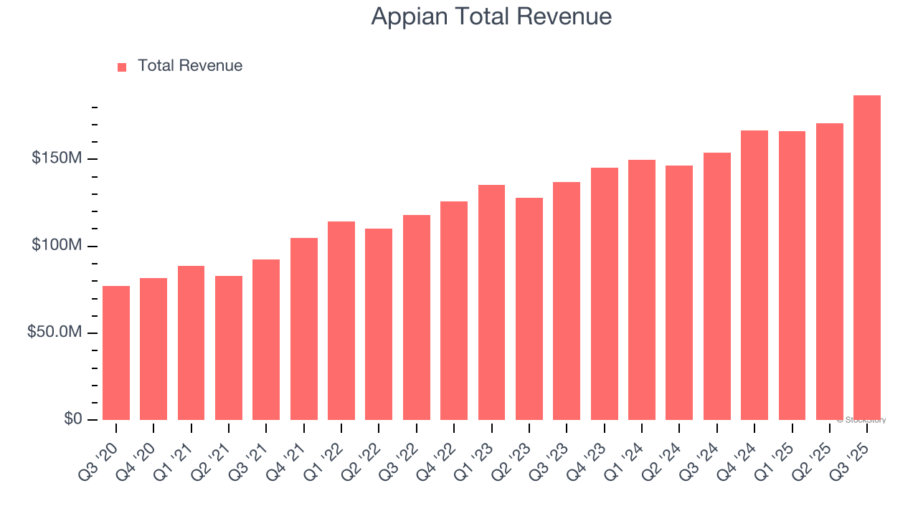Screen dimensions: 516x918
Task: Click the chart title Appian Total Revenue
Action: click(x=491, y=16)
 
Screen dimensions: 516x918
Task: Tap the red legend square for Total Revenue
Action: click(x=122, y=67)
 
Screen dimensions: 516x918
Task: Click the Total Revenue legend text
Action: click(x=190, y=66)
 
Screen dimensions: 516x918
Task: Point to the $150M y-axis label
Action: click(x=57, y=158)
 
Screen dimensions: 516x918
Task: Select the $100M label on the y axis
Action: click(x=57, y=246)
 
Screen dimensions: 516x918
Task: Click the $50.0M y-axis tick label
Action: click(x=55, y=333)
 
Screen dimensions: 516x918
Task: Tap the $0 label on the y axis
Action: click(x=72, y=419)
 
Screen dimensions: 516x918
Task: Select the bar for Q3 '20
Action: click(x=116, y=353)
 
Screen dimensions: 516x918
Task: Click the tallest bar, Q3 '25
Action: click(x=866, y=258)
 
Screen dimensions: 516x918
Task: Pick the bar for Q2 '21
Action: click(x=229, y=348)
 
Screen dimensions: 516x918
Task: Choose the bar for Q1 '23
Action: click(x=491, y=302)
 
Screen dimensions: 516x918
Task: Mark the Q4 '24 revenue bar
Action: click(x=754, y=275)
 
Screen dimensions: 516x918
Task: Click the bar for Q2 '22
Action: click(x=379, y=324)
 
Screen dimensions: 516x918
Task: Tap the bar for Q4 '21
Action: click(x=304, y=329)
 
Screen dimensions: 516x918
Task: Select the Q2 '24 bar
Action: click(x=679, y=292)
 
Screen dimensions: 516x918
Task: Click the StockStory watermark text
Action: click(x=861, y=420)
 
